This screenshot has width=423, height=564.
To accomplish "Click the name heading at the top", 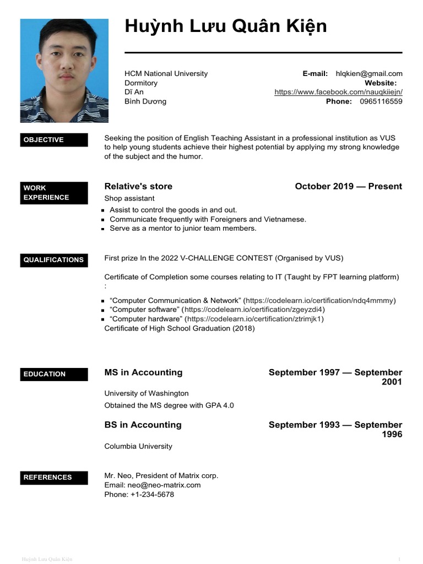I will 226,26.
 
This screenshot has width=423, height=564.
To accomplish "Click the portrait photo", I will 64,70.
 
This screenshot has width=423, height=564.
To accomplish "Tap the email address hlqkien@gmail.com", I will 369,74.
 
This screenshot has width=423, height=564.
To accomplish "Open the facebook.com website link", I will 338,93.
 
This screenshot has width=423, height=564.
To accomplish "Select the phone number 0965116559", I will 381,101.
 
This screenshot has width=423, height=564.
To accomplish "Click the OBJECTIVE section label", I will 54,140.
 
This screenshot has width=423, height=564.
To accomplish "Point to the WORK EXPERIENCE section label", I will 54,193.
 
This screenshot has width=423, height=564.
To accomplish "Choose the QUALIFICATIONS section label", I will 54,260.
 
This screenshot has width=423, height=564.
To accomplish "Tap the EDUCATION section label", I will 54,374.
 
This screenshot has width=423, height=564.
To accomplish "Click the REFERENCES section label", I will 54,478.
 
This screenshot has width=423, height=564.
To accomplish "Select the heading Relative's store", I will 138,186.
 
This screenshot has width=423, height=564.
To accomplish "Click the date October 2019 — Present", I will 348,186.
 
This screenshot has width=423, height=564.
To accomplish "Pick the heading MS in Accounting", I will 143,372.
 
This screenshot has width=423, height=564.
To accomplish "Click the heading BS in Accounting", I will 143,425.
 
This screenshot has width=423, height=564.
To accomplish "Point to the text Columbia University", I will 138,446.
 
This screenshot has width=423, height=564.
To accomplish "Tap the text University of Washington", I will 147,393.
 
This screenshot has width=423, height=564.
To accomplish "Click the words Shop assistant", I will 129,198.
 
